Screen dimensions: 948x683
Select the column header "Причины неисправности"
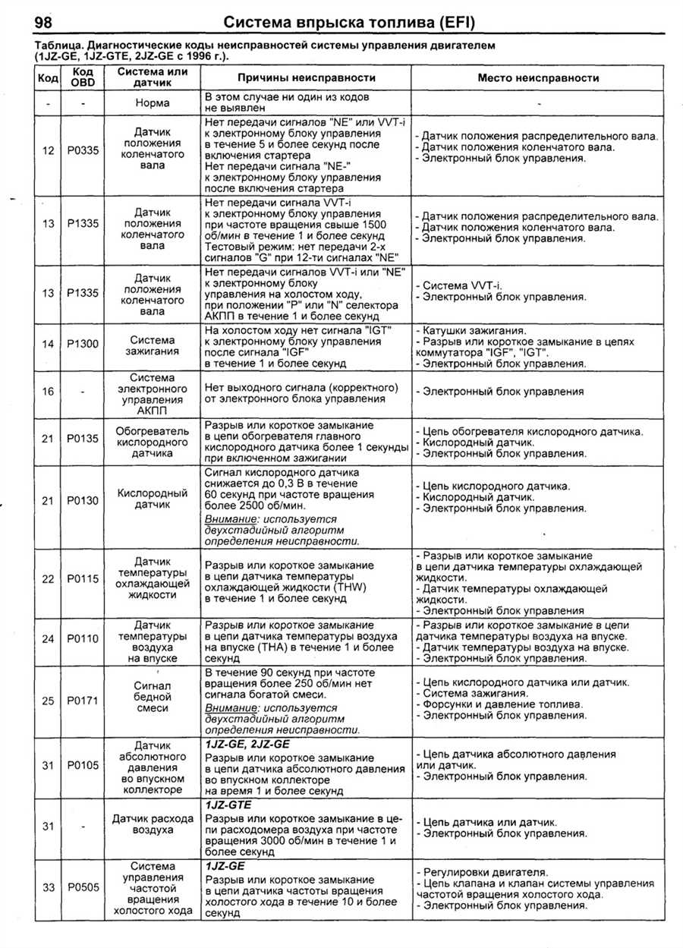(x=307, y=77)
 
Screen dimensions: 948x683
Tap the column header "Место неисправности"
(x=538, y=77)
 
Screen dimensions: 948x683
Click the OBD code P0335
(x=83, y=150)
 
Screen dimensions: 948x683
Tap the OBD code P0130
(x=83, y=500)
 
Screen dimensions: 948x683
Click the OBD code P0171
(x=83, y=701)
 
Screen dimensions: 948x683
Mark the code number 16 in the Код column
(x=48, y=392)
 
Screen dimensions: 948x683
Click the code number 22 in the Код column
(x=48, y=579)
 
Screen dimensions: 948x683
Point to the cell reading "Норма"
(x=152, y=102)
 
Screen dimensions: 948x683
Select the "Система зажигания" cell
(x=152, y=346)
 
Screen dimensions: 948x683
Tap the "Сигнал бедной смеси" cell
(x=152, y=696)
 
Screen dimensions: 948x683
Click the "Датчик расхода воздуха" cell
(x=152, y=824)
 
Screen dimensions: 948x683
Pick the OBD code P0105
(x=83, y=765)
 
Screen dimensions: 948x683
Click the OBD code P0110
(x=83, y=639)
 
